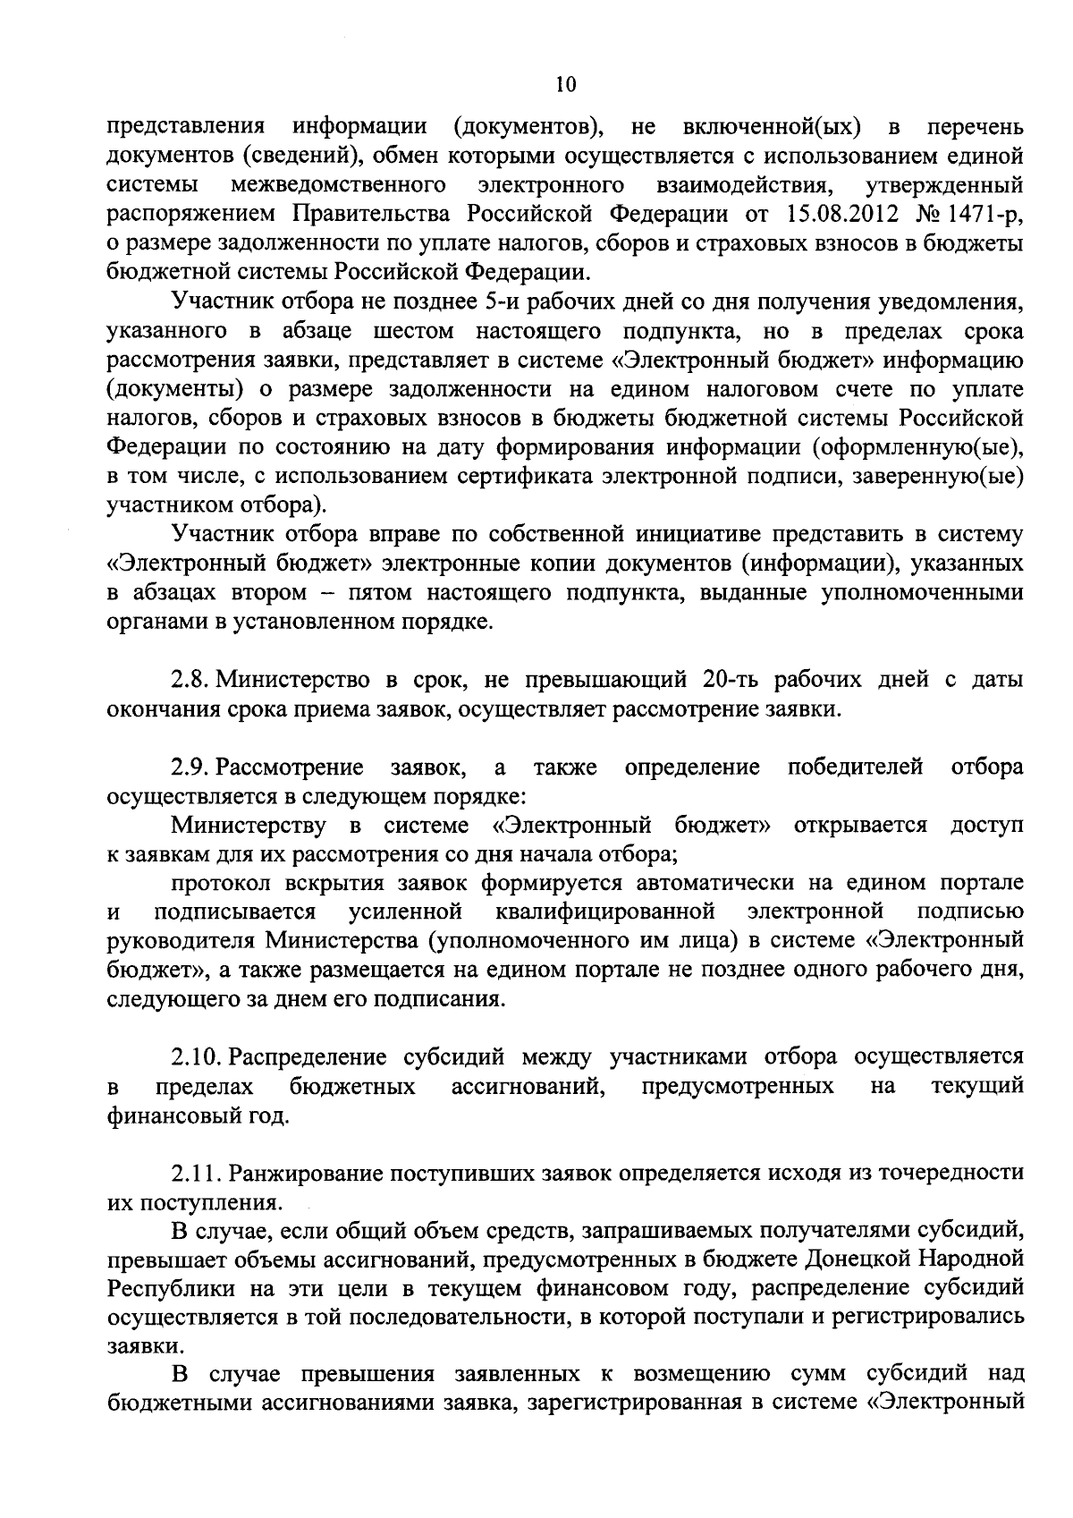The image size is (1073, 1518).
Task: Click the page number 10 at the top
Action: (565, 85)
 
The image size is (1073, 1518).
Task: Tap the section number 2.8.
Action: (190, 681)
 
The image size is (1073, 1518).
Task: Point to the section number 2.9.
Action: (190, 767)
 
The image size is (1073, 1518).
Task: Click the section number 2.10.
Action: (196, 1057)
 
